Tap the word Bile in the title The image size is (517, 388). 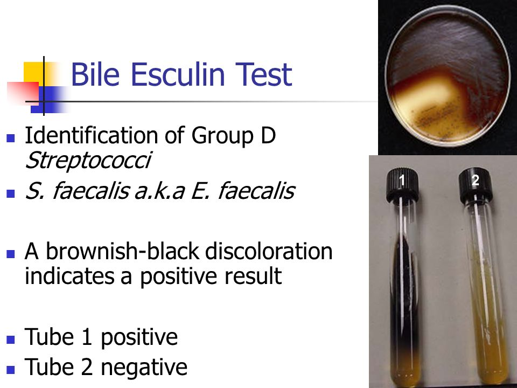[95, 75]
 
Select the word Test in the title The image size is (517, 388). [264, 75]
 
